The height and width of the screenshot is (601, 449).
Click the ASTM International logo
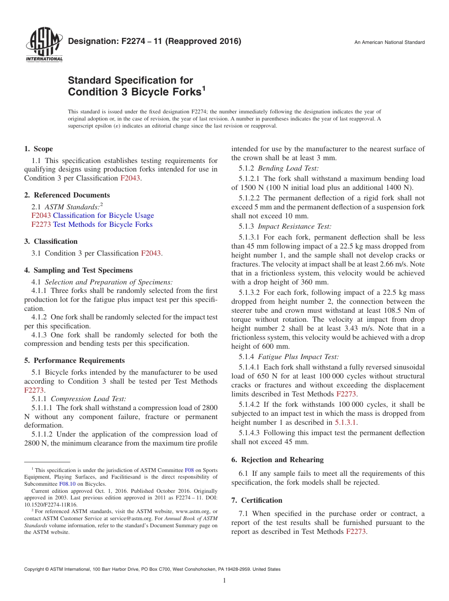(44, 45)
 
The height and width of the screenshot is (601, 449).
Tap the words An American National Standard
(389, 43)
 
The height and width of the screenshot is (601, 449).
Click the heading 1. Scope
(39, 149)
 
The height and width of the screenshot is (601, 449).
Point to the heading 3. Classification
(51, 241)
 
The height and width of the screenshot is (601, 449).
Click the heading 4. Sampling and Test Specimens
(78, 270)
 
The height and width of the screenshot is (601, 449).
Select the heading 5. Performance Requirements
(75, 361)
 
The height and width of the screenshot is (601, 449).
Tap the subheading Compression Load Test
(88, 399)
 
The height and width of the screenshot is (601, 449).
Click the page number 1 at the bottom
(224, 581)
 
